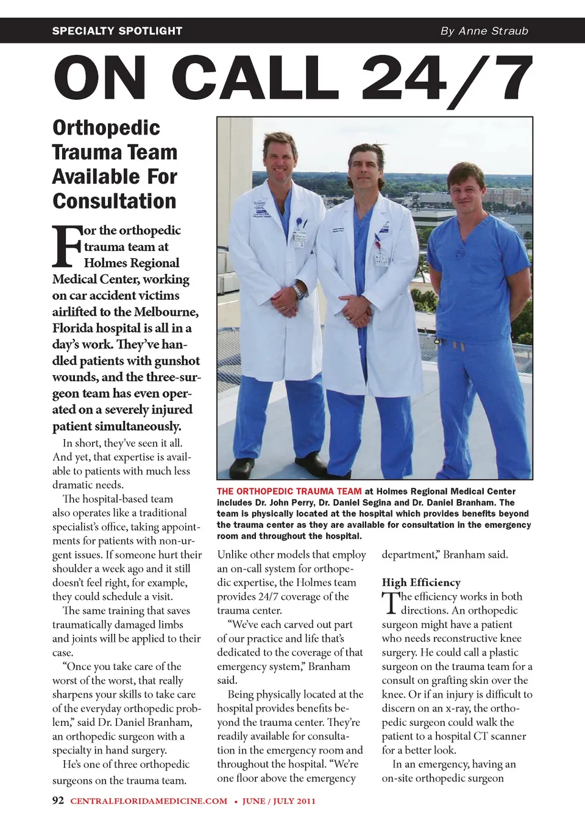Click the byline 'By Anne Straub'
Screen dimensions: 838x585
(x=484, y=31)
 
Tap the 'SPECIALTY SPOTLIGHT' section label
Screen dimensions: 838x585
(x=117, y=31)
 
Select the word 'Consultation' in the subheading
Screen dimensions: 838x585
(x=115, y=201)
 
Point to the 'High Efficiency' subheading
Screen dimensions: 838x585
(x=421, y=582)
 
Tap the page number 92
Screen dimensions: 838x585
(x=58, y=800)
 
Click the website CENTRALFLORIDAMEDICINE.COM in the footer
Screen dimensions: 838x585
(x=149, y=801)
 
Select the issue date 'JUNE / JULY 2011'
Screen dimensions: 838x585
(x=279, y=801)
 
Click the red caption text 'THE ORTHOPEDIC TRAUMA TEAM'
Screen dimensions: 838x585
(x=289, y=491)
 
